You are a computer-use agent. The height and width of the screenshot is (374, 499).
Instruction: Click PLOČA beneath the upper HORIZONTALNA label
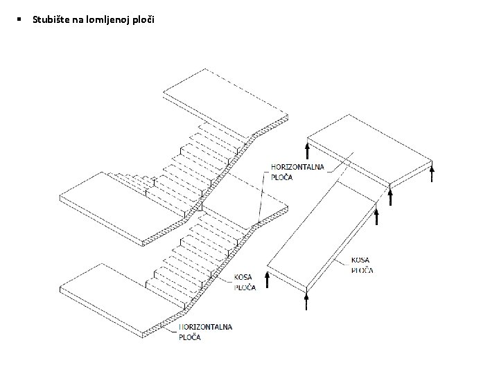click(281, 177)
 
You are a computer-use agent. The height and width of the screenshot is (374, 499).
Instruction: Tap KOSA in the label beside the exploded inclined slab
click(360, 261)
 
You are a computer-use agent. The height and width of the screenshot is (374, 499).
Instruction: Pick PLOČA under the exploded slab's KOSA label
click(362, 270)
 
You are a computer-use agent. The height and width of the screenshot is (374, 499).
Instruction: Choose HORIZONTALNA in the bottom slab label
click(206, 326)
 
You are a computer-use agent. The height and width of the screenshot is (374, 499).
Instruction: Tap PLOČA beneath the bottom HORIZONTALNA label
click(190, 337)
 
